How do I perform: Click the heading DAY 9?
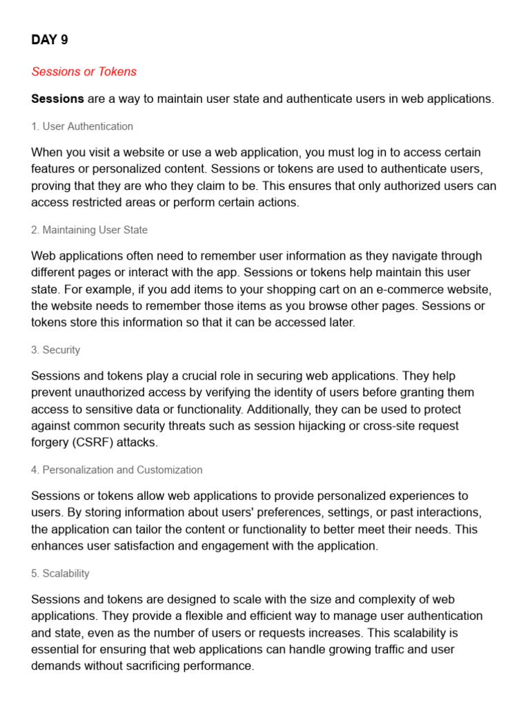coord(50,40)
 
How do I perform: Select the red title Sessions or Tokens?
coord(84,72)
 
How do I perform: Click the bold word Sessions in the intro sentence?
coord(58,99)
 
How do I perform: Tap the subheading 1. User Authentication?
coord(82,126)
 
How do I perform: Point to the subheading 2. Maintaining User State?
coord(89,230)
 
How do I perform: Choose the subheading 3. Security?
coord(55,350)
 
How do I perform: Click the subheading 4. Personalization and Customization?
coord(117,470)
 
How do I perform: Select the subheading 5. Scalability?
coord(60,574)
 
